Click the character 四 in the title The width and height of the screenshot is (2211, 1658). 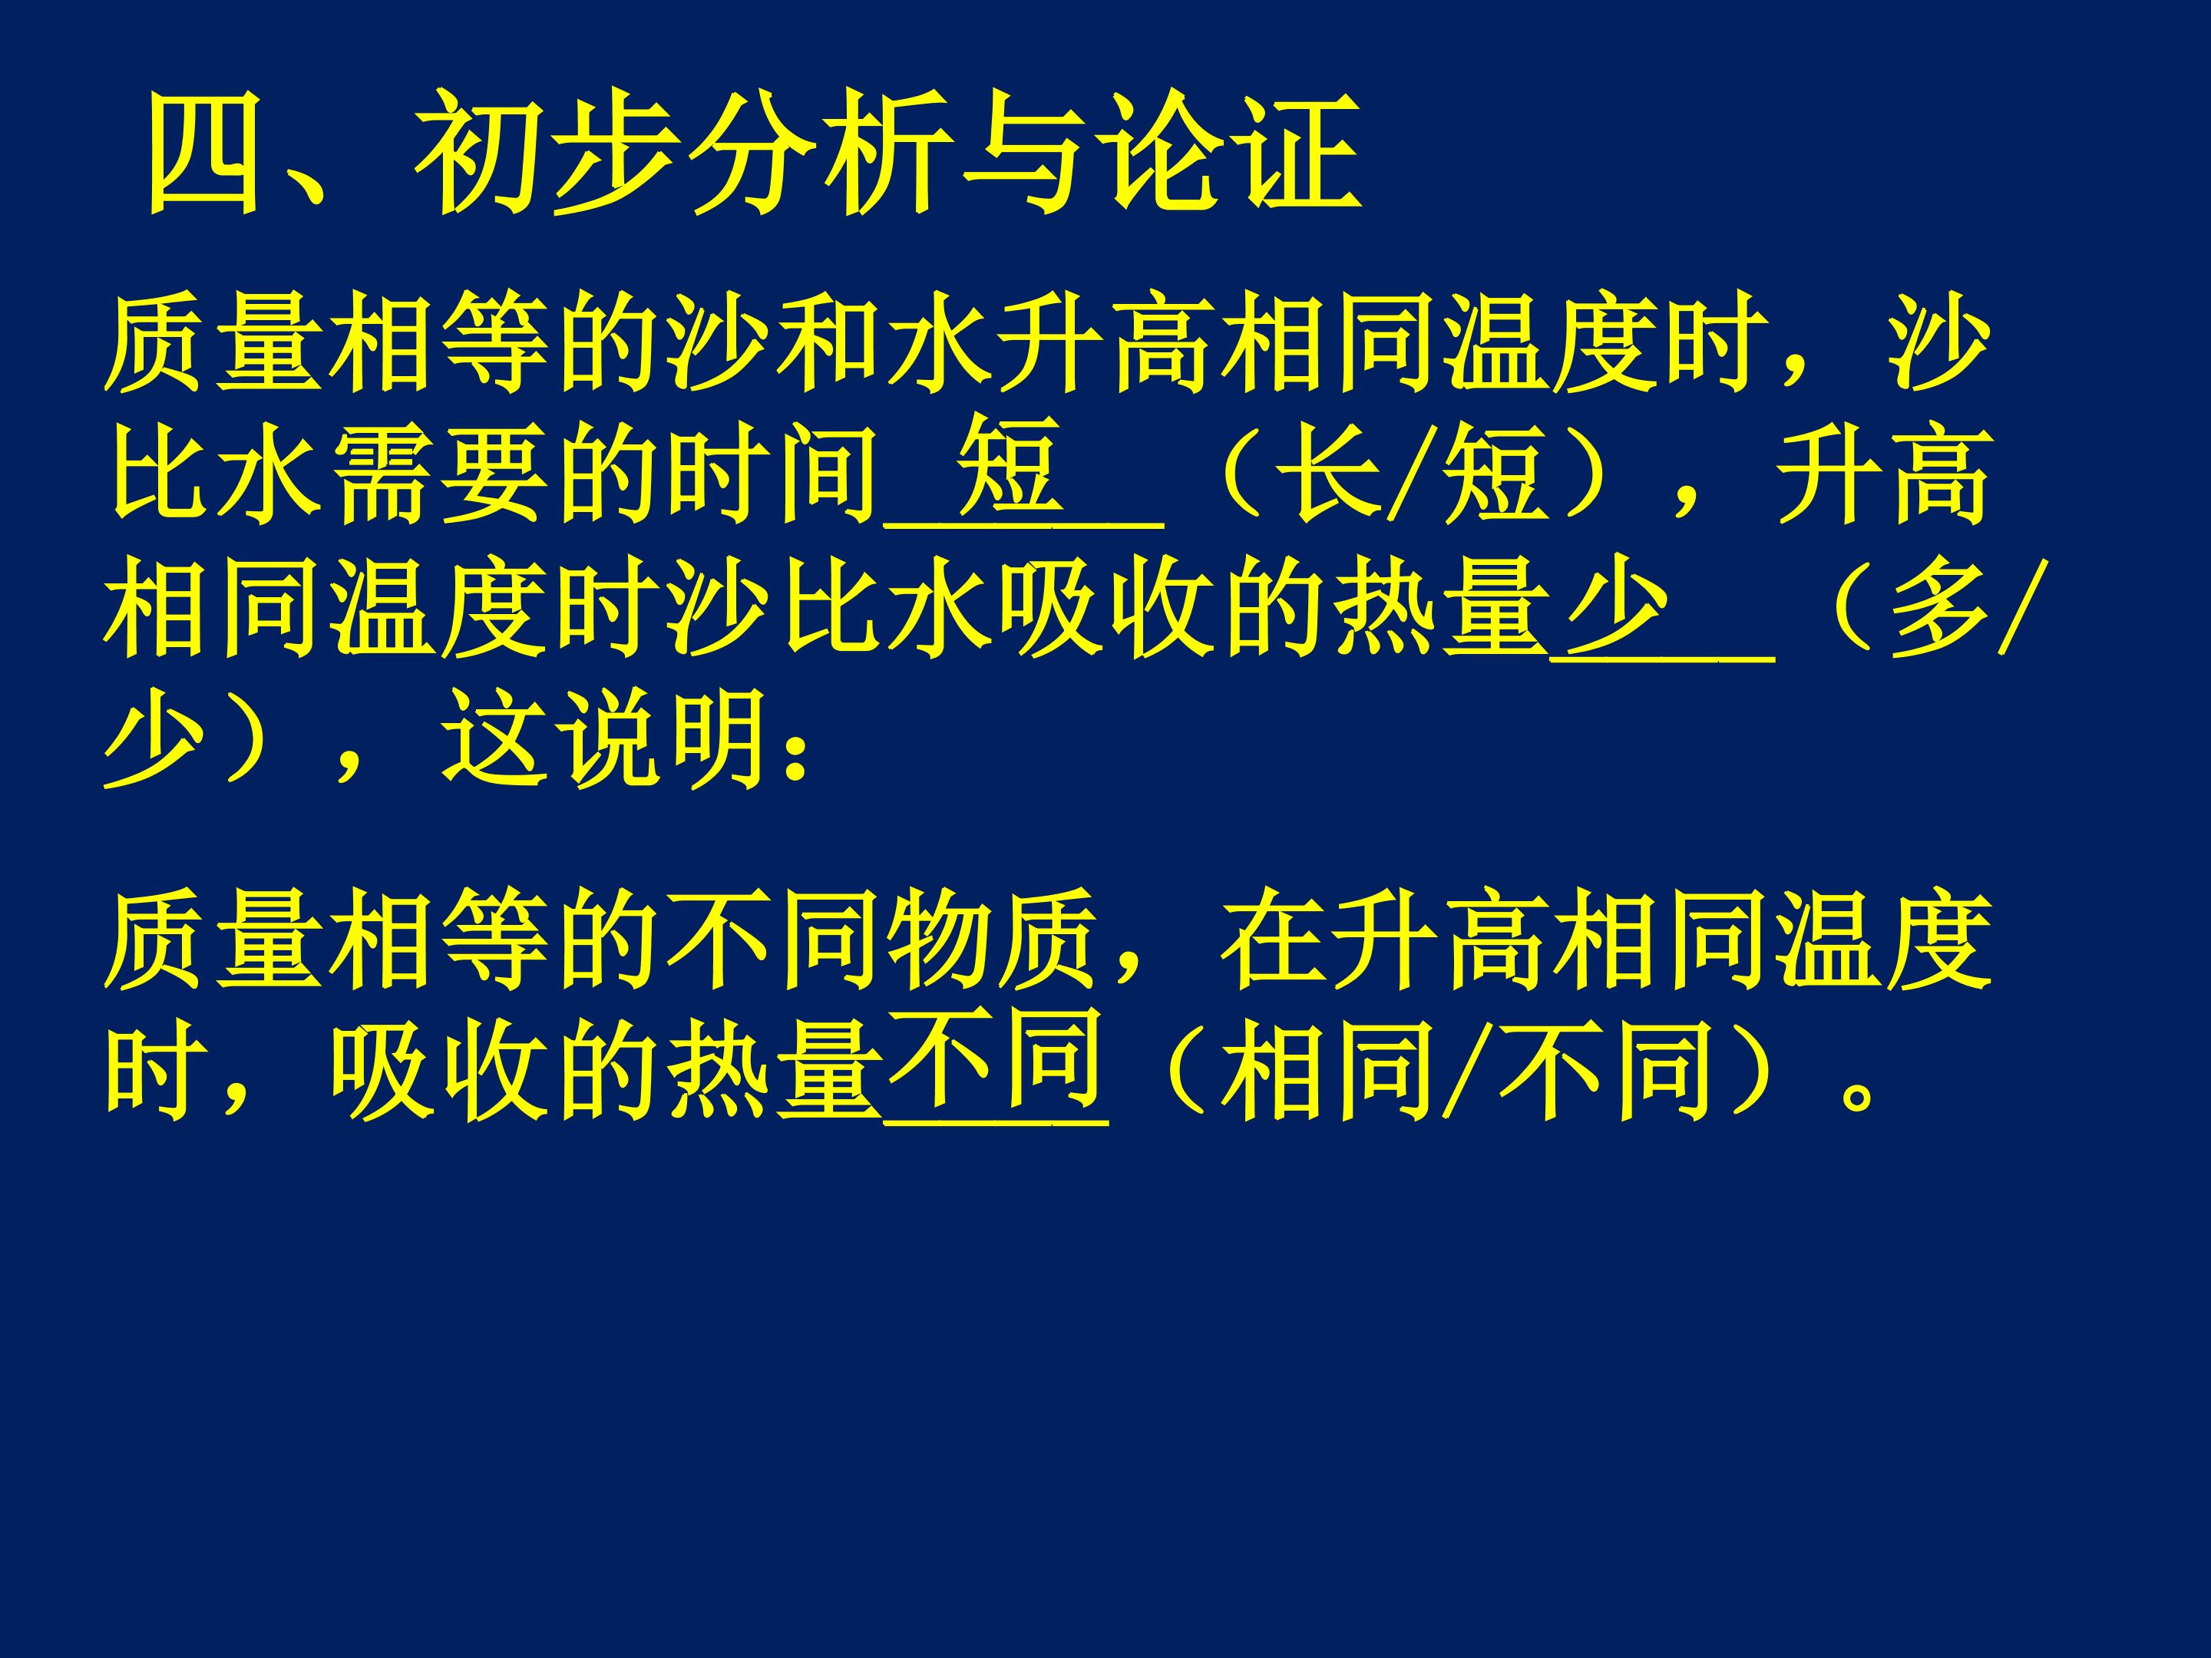(x=204, y=153)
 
